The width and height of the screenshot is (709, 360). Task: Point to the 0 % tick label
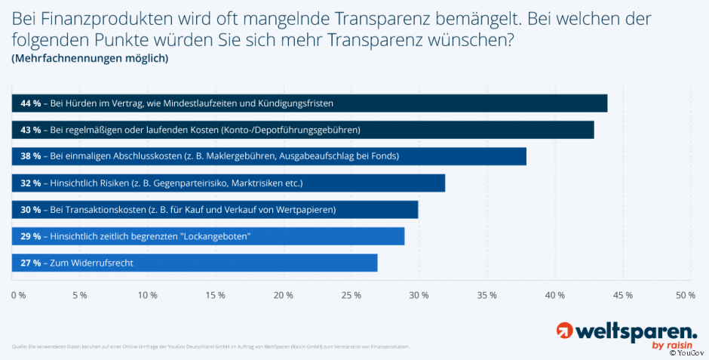(18, 295)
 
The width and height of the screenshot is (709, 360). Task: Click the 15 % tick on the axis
(216, 295)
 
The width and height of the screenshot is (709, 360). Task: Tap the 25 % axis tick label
(351, 295)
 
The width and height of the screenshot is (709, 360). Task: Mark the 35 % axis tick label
(487, 295)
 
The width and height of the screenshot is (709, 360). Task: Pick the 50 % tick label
(685, 295)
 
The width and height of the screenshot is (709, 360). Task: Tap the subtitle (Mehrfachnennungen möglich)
(90, 58)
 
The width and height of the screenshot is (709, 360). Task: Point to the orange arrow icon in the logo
(564, 331)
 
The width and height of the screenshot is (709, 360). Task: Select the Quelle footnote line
(210, 346)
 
